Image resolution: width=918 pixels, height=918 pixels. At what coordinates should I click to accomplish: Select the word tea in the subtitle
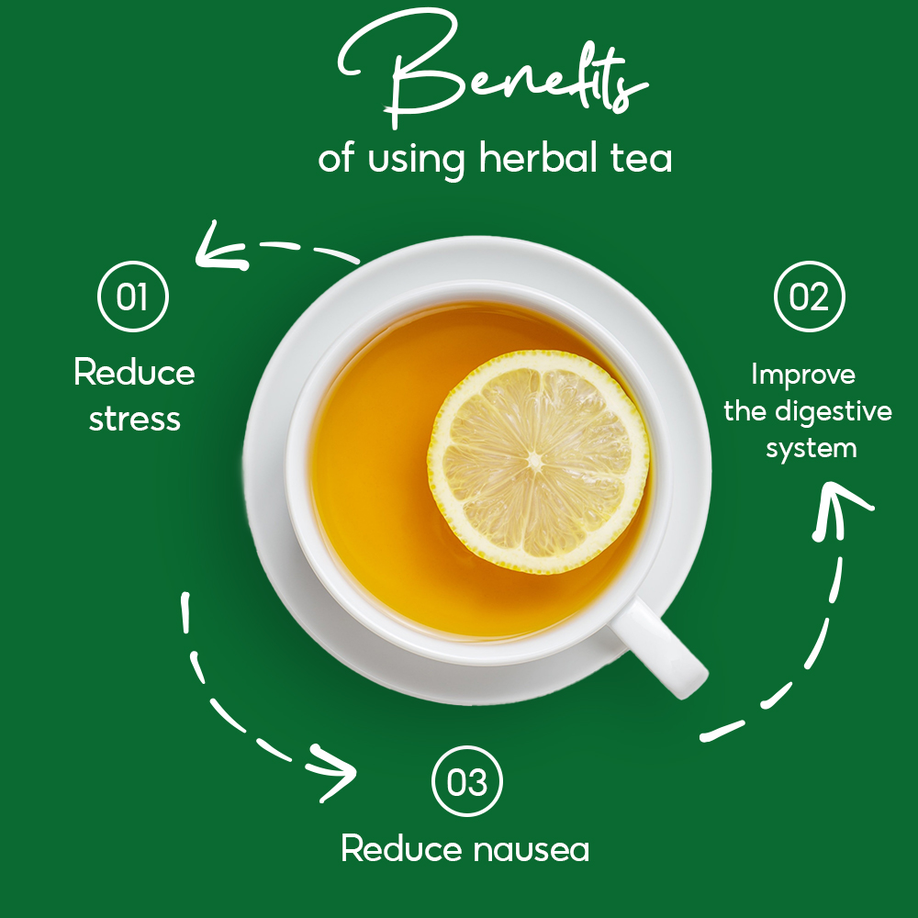(642, 159)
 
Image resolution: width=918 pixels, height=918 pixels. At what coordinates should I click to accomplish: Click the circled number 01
(133, 297)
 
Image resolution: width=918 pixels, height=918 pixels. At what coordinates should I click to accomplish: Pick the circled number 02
(809, 297)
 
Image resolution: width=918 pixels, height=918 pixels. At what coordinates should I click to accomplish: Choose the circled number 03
(466, 781)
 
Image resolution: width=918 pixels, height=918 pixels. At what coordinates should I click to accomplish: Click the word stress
(135, 420)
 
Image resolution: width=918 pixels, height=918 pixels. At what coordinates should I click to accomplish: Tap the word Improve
(803, 375)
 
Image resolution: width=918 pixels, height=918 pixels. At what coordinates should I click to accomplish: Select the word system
(812, 449)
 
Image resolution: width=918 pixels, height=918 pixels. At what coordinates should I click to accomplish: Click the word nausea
(531, 850)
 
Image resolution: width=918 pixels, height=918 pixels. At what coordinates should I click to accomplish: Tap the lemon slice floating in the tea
(538, 462)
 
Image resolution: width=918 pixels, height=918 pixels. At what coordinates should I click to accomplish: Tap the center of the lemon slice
(535, 461)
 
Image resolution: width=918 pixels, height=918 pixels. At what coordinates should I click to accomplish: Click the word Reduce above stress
(134, 372)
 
